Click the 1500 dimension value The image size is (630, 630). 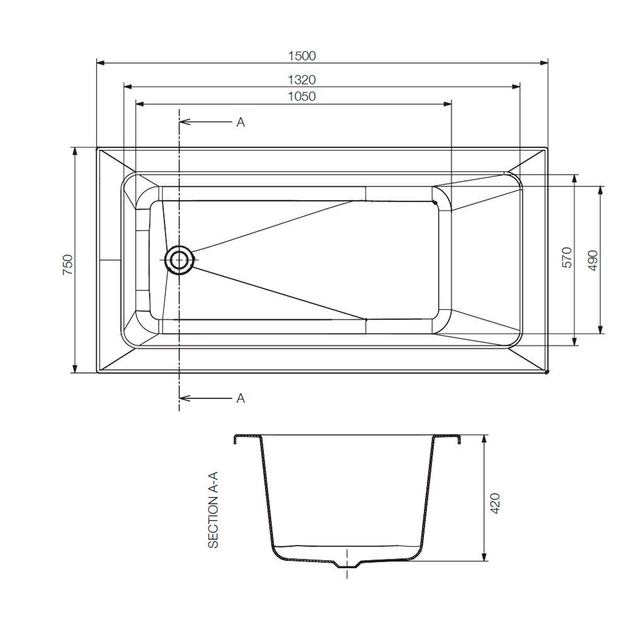(302, 55)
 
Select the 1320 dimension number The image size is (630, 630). (302, 79)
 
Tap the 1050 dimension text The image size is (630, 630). (302, 96)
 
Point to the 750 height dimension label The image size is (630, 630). (68, 262)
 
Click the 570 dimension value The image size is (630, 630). (566, 258)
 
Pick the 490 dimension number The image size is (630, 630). (592, 260)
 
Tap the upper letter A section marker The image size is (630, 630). (240, 122)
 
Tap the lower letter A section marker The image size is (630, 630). (240, 398)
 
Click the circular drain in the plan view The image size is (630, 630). (179, 260)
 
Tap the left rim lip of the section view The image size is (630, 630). (238, 438)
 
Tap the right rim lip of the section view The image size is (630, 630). (457, 438)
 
